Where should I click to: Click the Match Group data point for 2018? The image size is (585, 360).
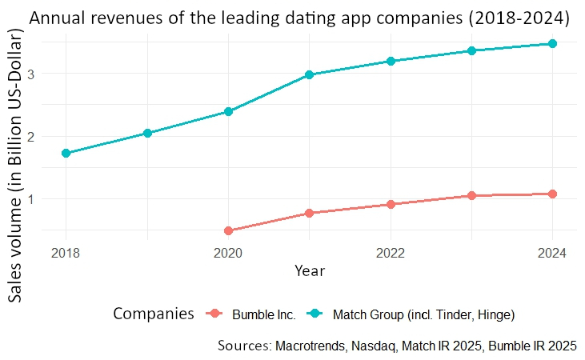[66, 153]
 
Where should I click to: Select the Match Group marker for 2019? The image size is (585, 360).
[147, 133]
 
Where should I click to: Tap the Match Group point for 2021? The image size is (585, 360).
[309, 74]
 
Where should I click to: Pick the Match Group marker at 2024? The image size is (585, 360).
[552, 44]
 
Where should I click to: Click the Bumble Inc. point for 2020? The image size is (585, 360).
[228, 230]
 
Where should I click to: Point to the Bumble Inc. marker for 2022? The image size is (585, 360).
[391, 204]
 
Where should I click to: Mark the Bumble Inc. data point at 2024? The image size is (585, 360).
[552, 194]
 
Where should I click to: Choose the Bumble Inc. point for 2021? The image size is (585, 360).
[309, 213]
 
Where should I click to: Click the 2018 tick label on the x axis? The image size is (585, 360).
[66, 254]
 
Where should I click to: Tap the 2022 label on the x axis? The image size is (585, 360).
[391, 254]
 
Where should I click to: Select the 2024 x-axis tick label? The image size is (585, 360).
[552, 254]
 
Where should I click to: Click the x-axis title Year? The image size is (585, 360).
[309, 271]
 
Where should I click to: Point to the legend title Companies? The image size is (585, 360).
[154, 314]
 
